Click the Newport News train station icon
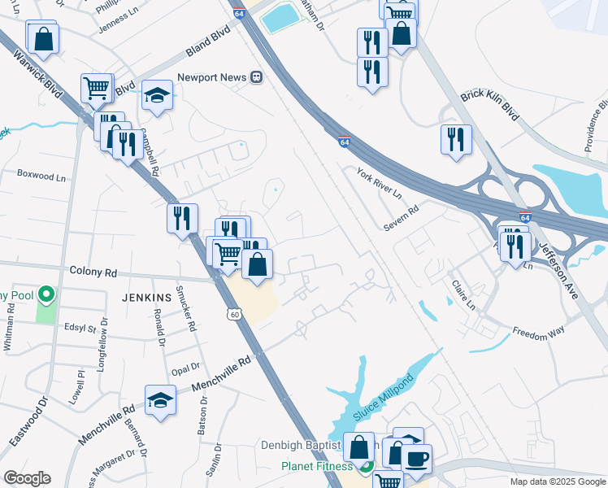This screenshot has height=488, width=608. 257,77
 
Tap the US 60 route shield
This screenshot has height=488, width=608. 234,313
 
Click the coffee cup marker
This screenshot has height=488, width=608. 417,459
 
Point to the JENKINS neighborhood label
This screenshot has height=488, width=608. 146,298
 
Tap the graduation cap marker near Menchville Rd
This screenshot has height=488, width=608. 160,400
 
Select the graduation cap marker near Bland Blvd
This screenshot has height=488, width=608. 158,95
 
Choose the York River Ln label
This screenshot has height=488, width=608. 379,183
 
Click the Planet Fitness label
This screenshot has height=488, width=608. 317,466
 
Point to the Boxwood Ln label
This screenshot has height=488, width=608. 41,176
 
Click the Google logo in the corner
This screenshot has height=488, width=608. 27,477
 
